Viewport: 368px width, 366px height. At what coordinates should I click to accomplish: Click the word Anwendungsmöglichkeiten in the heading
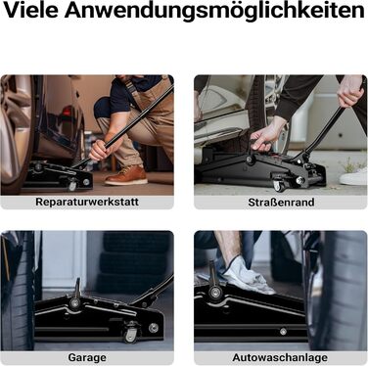[x=214, y=11]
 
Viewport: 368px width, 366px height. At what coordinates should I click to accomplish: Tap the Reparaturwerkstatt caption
[x=87, y=202]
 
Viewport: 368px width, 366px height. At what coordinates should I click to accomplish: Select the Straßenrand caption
[x=281, y=203]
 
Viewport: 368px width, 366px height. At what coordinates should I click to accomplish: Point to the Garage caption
[x=87, y=357]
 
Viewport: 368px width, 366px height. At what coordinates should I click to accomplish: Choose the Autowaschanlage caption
[x=280, y=357]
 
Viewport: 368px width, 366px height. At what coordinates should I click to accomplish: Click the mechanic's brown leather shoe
[x=126, y=175]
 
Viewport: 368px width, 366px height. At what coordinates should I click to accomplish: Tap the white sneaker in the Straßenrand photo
[x=353, y=177]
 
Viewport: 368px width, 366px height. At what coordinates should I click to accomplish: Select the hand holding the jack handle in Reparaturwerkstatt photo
[x=102, y=149]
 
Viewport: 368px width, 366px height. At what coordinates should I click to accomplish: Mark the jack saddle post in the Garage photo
[x=77, y=289]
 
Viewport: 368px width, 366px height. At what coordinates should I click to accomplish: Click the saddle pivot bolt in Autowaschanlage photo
[x=215, y=292]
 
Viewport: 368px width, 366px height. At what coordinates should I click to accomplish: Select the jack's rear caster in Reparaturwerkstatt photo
[x=72, y=185]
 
